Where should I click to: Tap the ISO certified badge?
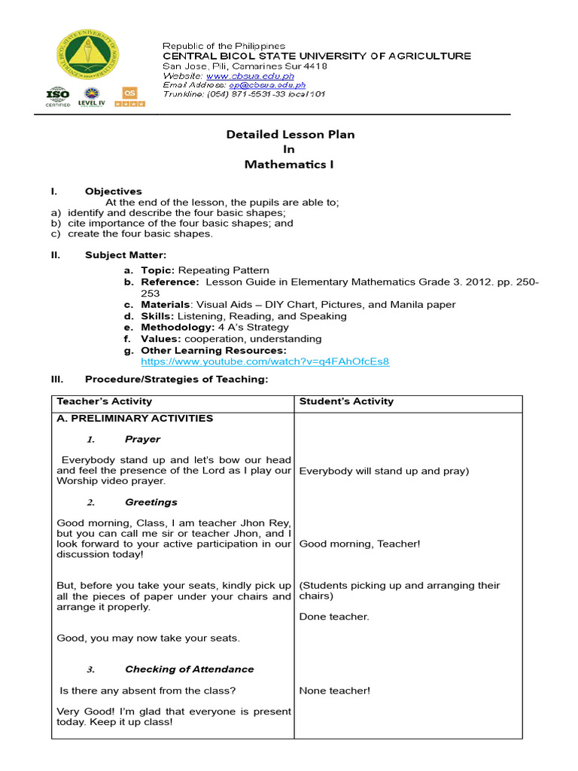[58, 97]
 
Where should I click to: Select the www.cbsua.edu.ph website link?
[250, 76]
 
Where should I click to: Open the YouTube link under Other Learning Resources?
[260, 361]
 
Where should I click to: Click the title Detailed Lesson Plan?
[291, 135]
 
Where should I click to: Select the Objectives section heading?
[113, 191]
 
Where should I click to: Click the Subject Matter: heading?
[126, 255]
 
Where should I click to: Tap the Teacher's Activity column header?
[105, 401]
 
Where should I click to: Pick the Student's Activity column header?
[346, 401]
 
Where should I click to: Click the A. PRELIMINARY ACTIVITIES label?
[135, 419]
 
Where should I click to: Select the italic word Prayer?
[142, 439]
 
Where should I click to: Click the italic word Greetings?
[151, 502]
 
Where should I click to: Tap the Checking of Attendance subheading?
[189, 669]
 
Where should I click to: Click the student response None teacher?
[334, 690]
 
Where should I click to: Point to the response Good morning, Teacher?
[359, 544]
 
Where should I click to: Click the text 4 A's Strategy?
[253, 328]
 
